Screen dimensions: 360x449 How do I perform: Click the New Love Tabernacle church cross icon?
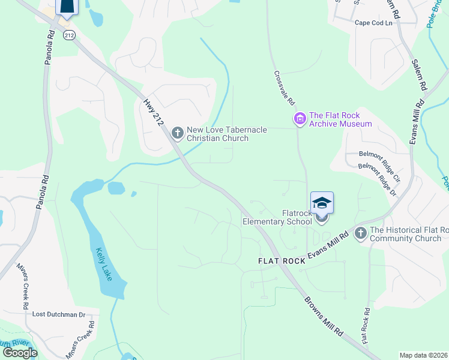coord(177,132)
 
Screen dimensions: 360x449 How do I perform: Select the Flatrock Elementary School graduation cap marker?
coord(322,204)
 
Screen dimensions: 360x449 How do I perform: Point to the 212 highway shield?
coord(70,35)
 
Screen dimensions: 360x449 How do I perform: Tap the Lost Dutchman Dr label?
coord(58,314)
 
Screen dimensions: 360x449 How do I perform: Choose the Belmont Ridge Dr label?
coord(377,179)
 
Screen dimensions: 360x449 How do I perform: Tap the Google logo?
coord(20,352)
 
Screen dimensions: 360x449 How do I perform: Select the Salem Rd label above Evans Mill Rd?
coord(419,74)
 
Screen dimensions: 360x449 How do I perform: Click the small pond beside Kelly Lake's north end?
coord(116,188)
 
